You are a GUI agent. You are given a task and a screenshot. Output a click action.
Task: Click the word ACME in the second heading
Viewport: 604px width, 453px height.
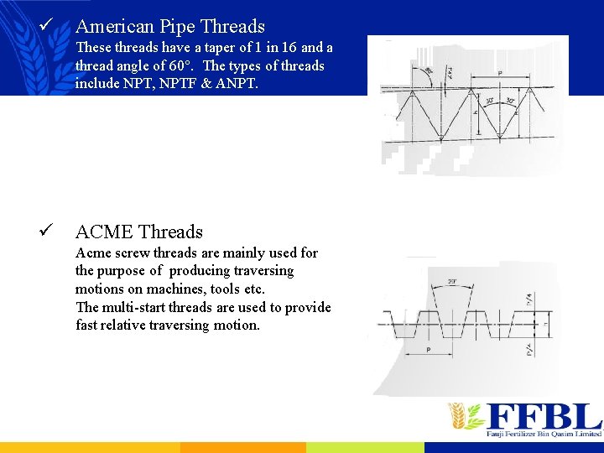tap(104, 232)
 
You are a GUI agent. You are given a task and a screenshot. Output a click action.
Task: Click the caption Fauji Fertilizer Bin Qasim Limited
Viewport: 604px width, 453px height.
tap(544, 434)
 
